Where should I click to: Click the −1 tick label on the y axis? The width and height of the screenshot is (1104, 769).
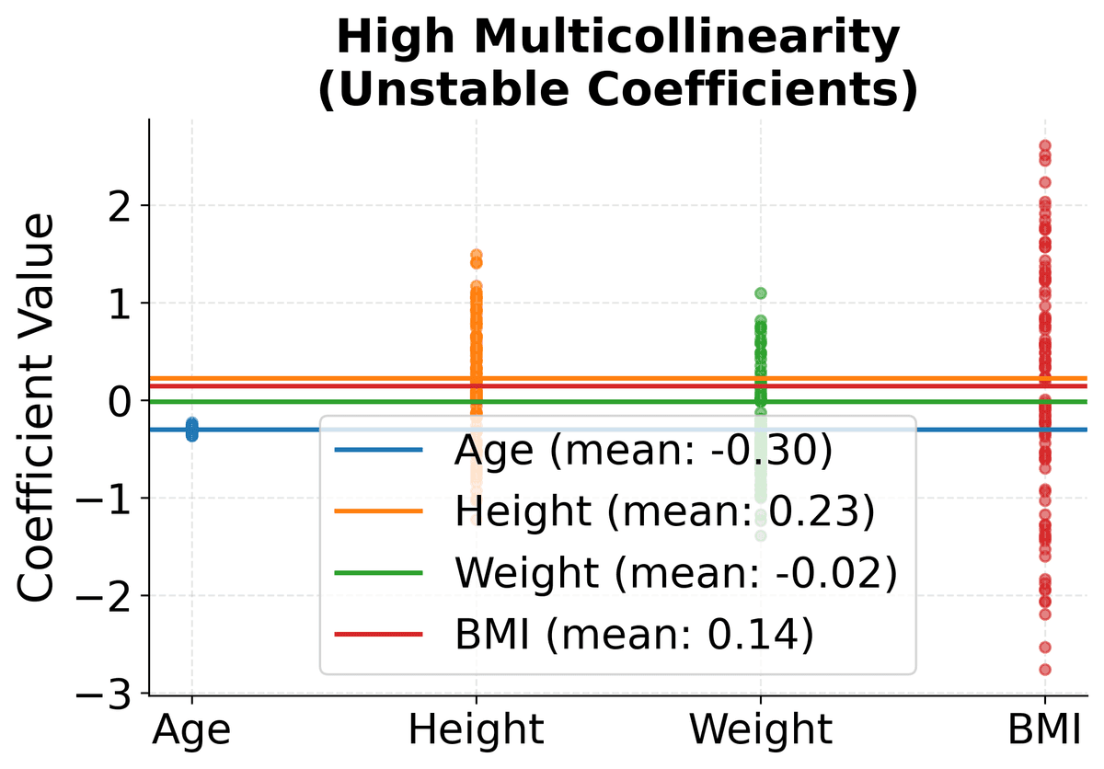[x=115, y=499]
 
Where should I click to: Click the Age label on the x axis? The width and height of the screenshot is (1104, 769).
[x=191, y=729]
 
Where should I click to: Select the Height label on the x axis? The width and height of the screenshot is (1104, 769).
[x=477, y=729]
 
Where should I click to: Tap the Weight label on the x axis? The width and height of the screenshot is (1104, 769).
[x=761, y=729]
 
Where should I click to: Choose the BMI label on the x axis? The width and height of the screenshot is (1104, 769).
[x=1045, y=729]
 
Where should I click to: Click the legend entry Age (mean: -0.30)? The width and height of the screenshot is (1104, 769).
[x=643, y=451]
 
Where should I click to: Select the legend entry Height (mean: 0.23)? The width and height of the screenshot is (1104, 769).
[x=663, y=512]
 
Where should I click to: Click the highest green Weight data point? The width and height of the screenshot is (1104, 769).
[x=761, y=293]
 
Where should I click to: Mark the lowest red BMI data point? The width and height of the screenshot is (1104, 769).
[x=1045, y=670]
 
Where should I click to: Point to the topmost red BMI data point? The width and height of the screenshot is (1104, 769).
[x=1045, y=145]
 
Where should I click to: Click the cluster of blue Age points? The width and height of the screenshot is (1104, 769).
[x=191, y=429]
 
